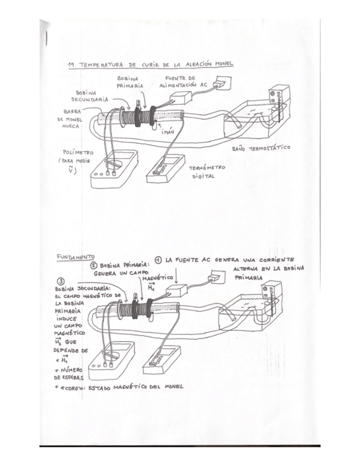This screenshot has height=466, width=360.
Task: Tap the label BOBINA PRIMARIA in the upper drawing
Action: click(x=130, y=82)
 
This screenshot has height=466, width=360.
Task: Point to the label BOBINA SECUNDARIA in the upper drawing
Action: click(x=90, y=96)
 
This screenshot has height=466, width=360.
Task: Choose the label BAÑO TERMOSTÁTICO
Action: click(x=261, y=148)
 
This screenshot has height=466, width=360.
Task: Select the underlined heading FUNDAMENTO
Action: click(x=75, y=257)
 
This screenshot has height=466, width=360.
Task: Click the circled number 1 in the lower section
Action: click(x=158, y=259)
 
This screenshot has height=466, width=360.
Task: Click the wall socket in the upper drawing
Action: click(x=221, y=85)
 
